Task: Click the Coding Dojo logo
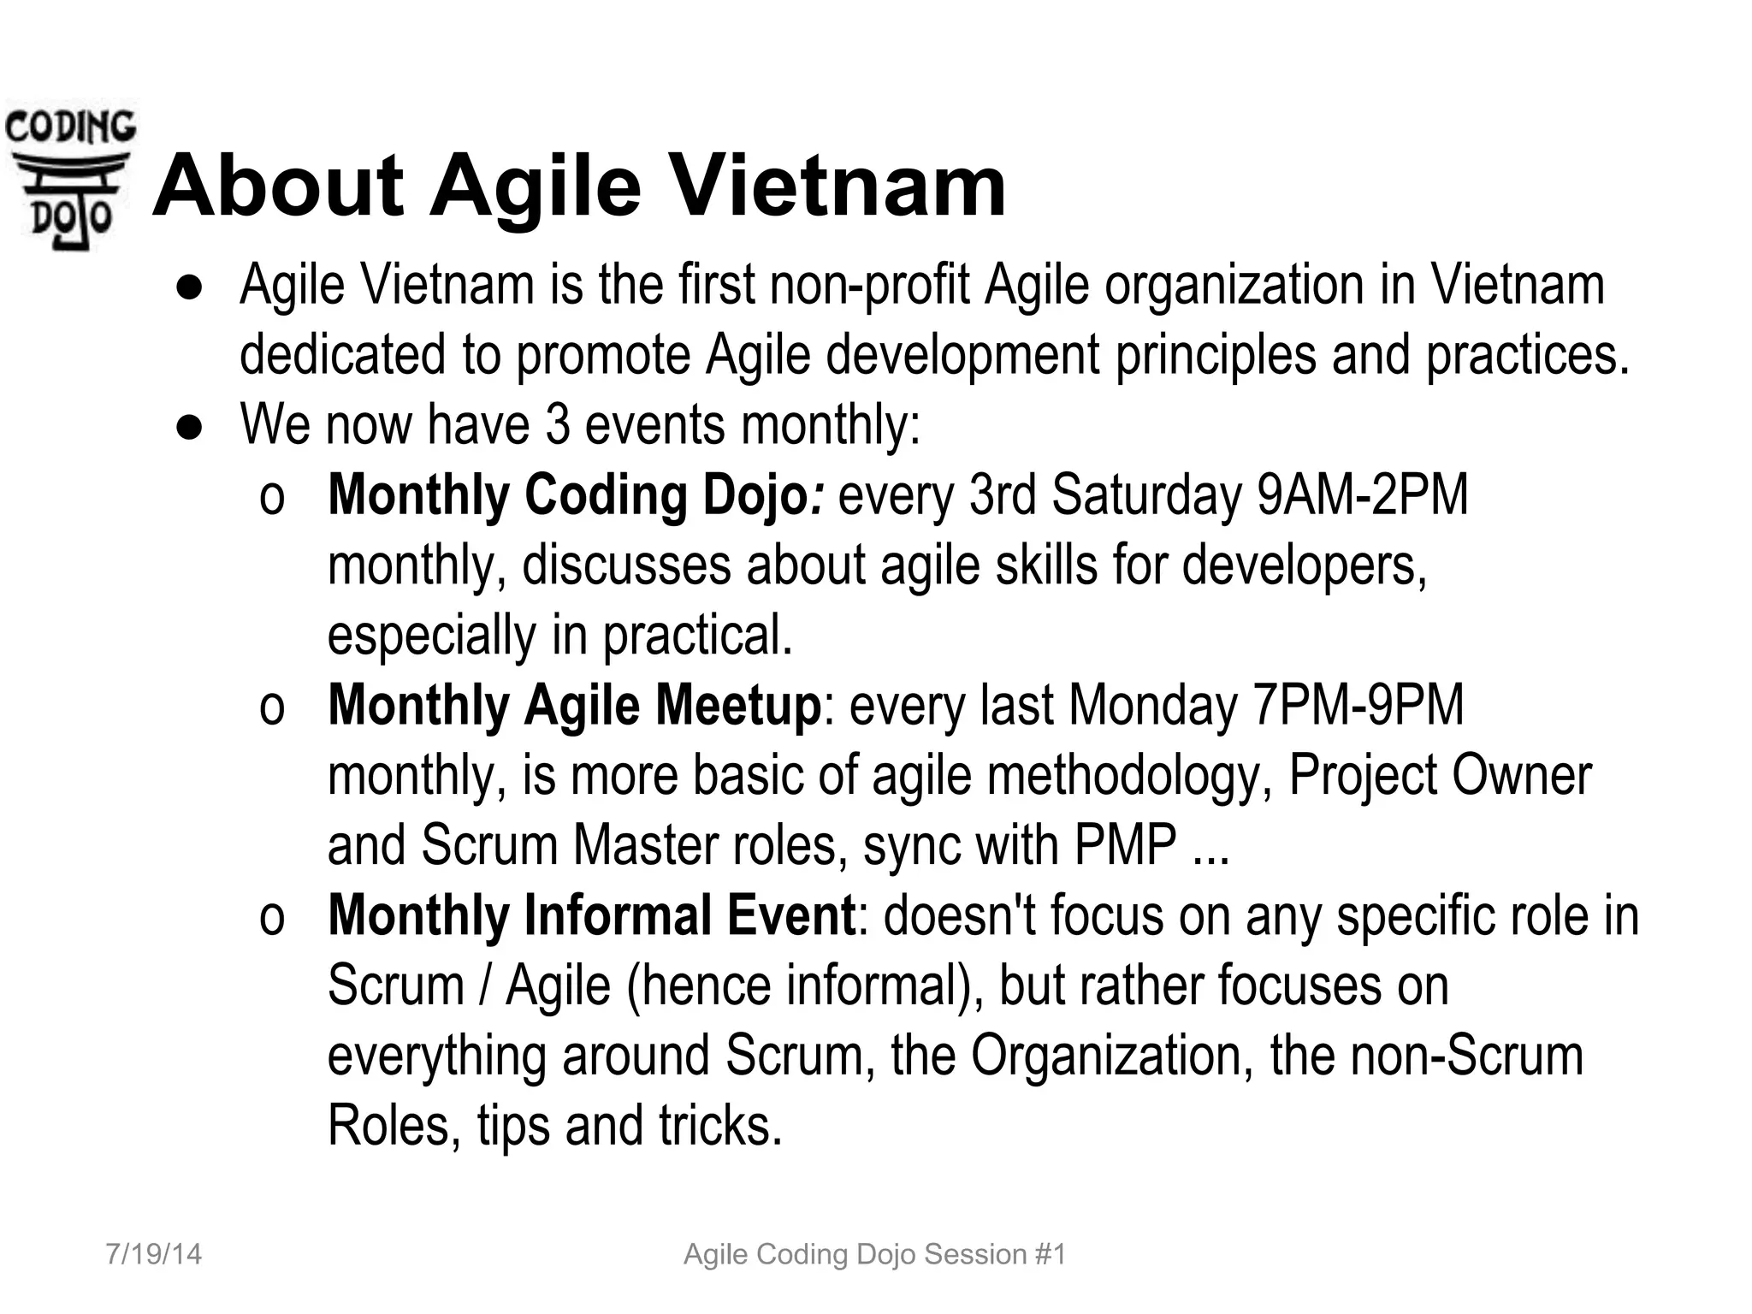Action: click(x=68, y=175)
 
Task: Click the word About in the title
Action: click(x=277, y=186)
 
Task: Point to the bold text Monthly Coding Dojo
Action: click(x=566, y=495)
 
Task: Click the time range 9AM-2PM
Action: click(x=1362, y=495)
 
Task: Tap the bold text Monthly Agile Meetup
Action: click(x=573, y=706)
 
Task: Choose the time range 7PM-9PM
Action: click(x=1357, y=706)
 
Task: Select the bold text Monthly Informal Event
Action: click(x=591, y=915)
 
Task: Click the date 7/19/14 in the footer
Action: click(x=154, y=1254)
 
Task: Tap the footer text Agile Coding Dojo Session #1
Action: click(x=875, y=1254)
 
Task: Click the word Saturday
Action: click(x=1146, y=495)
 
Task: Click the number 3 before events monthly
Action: click(x=558, y=425)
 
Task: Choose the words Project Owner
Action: click(x=1439, y=776)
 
